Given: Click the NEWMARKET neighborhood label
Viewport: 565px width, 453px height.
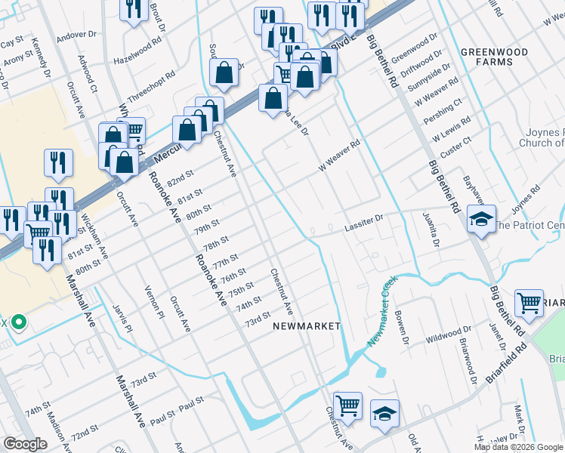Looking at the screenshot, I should tap(307, 325).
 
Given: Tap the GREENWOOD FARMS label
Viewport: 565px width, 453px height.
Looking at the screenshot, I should tap(489, 57).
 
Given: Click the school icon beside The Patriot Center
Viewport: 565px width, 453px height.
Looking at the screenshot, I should tap(481, 219).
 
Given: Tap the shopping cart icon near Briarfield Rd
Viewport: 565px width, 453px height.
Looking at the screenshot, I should tap(529, 303).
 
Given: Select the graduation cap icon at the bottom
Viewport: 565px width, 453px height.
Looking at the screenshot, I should tap(384, 413).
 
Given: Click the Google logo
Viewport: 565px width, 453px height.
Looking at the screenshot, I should tap(25, 444).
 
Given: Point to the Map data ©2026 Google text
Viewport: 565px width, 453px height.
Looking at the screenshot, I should tap(517, 447).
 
